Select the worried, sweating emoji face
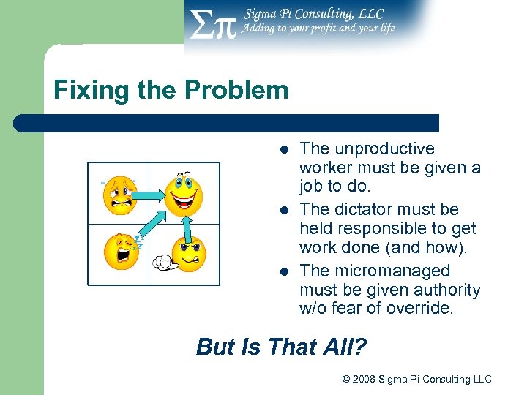pyautogui.click(x=120, y=195)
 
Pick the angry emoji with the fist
pyautogui.click(x=188, y=252)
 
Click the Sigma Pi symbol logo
pyautogui.click(x=212, y=26)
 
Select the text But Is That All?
pyautogui.click(x=281, y=346)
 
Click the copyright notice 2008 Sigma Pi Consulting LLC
pyautogui.click(x=416, y=379)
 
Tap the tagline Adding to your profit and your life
pyautogui.click(x=318, y=29)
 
